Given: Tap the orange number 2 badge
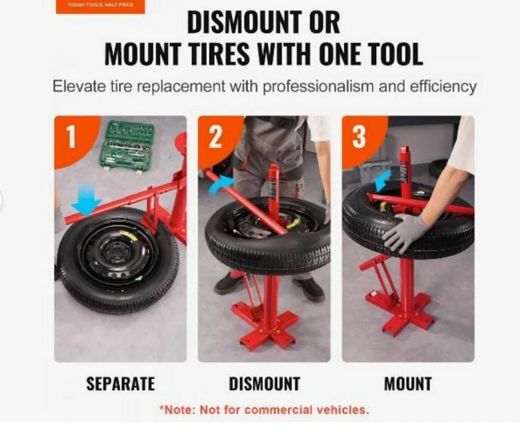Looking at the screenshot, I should (215, 137).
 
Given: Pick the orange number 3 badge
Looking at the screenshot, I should (359, 137).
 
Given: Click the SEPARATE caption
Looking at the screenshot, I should (120, 384).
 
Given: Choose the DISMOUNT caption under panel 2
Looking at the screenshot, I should (264, 384).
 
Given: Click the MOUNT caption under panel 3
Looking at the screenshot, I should (408, 384).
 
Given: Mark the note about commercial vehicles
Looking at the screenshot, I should (264, 410).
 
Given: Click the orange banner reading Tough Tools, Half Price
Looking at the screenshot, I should (100, 6).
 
